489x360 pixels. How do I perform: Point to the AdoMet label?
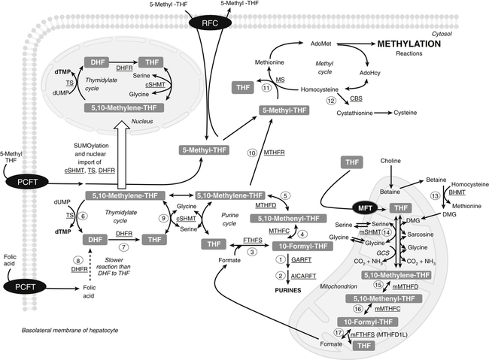(x=322, y=44)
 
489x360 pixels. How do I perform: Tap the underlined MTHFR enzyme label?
(x=274, y=155)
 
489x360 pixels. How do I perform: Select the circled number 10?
(x=253, y=155)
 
